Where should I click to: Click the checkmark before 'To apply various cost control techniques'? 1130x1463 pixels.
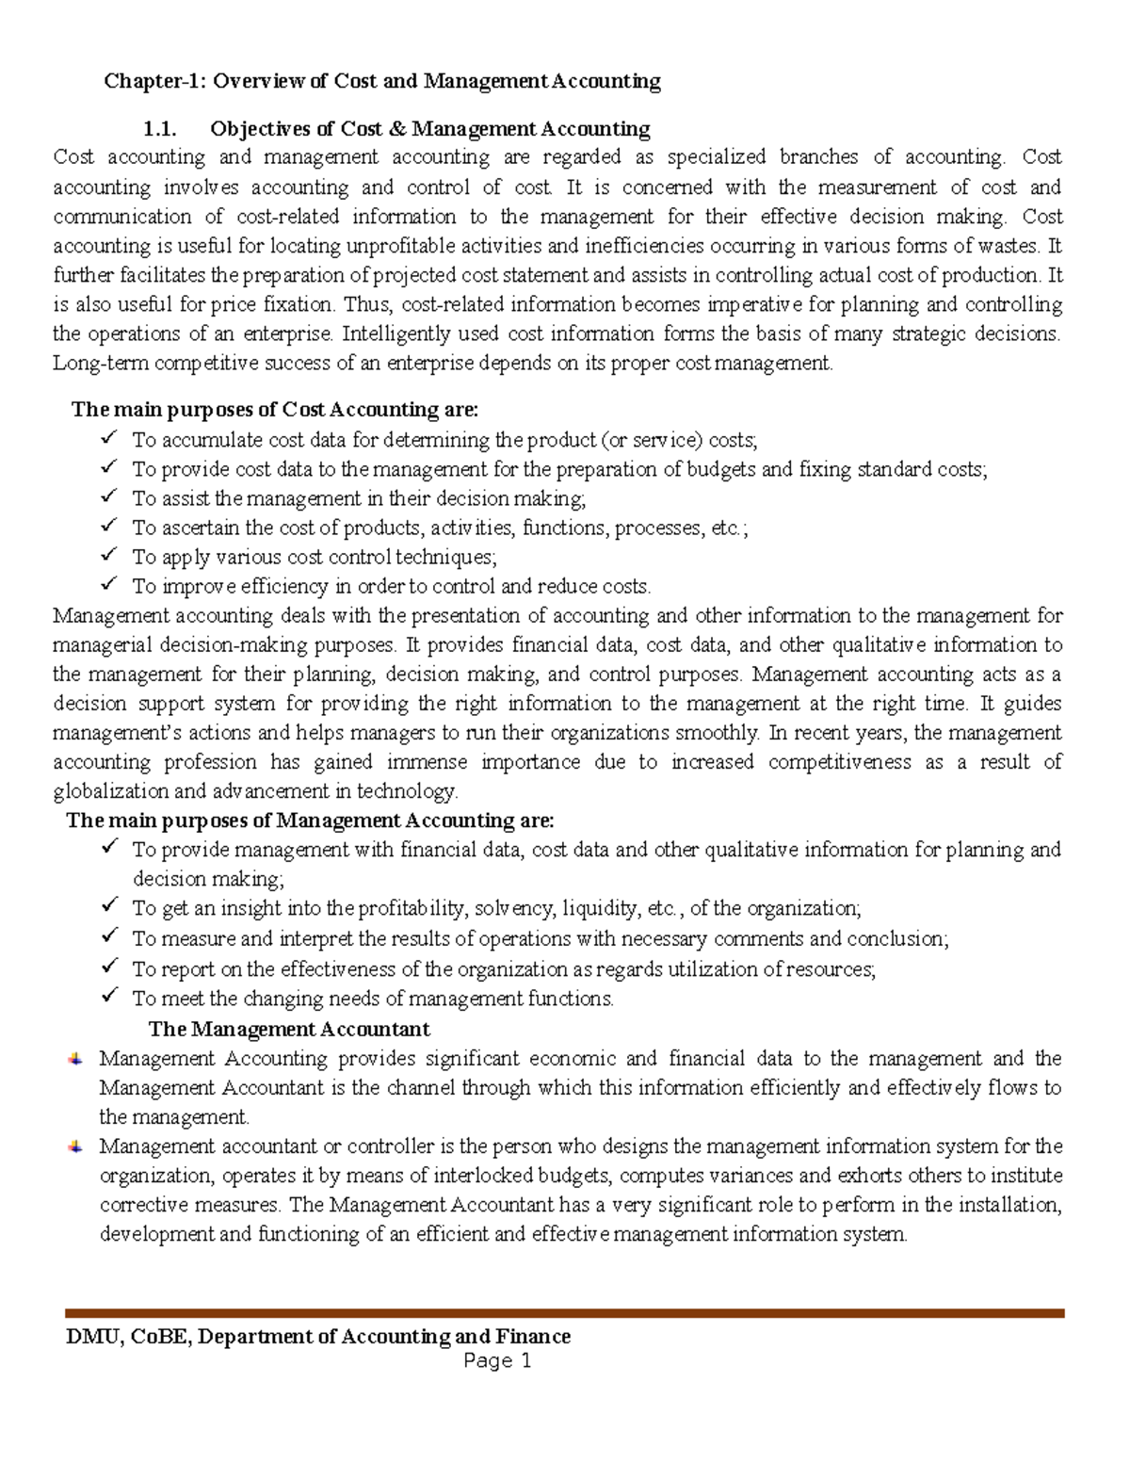pos(108,555)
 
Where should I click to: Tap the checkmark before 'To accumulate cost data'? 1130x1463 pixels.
pos(108,438)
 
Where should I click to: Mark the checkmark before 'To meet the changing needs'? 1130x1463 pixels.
pos(108,997)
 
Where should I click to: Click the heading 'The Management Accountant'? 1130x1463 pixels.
pos(289,1029)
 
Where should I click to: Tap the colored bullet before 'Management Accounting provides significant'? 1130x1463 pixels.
pos(75,1059)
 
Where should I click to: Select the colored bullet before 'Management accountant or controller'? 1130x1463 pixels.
pos(75,1146)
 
